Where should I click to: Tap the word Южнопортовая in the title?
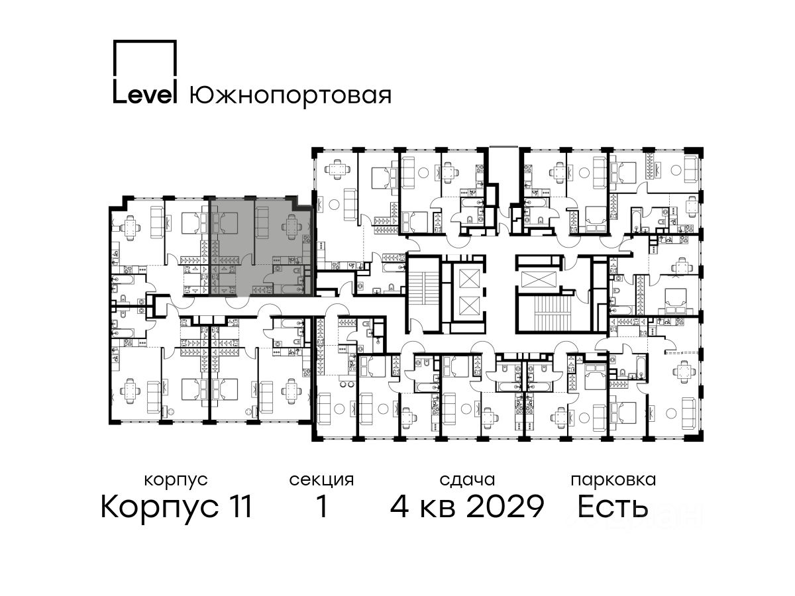(290, 95)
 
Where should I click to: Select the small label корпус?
(176, 480)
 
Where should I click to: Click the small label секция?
(321, 480)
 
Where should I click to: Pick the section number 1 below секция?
(322, 507)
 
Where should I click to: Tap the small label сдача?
(467, 480)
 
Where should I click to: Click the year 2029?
(505, 507)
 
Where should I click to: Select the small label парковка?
(613, 480)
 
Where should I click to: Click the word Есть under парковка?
(613, 507)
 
